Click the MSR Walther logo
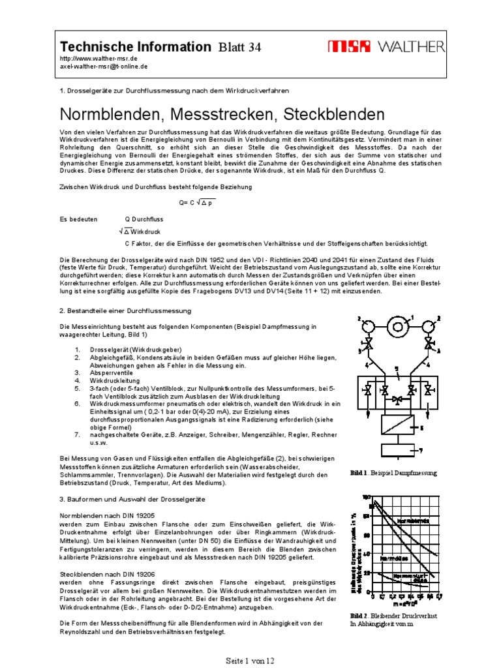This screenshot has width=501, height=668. (386, 46)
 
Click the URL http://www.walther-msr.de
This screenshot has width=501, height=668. (98, 59)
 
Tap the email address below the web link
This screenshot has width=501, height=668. (104, 67)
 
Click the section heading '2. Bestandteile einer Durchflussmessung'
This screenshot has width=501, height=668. (125, 311)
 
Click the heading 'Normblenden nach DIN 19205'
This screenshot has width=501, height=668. (108, 515)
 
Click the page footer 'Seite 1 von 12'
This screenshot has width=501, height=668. (250, 660)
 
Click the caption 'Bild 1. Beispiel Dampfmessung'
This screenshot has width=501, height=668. (393, 472)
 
